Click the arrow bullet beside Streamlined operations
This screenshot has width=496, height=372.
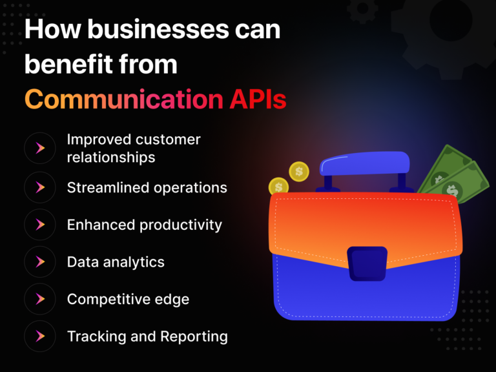point(40,187)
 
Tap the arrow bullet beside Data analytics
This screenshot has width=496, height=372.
point(40,262)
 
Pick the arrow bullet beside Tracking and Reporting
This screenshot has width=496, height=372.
point(40,336)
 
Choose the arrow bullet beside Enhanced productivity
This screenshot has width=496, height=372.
point(40,224)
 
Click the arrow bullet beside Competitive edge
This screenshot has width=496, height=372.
point(40,299)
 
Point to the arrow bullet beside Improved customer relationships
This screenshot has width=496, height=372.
point(40,149)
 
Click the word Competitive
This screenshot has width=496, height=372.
point(107,299)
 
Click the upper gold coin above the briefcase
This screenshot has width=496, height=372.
point(299,171)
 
